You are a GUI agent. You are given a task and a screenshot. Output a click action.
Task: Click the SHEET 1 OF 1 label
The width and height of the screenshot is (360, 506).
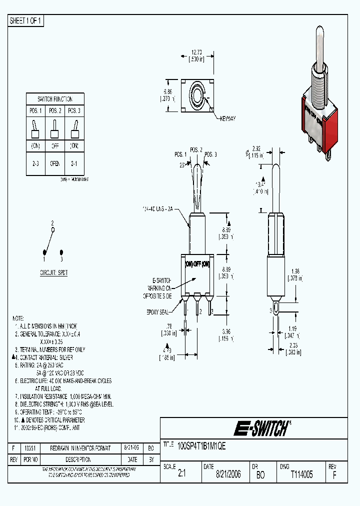pyautogui.click(x=26, y=21)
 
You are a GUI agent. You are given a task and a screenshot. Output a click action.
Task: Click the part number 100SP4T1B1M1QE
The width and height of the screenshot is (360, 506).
pyautogui.click(x=201, y=447)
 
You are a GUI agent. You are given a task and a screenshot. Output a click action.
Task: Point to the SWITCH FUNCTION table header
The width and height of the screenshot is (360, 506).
pyautogui.click(x=55, y=99)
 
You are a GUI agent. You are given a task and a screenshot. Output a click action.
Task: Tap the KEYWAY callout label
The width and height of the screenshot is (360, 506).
pyautogui.click(x=226, y=118)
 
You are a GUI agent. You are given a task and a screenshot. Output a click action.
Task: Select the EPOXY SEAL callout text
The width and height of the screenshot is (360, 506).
pyautogui.click(x=159, y=311)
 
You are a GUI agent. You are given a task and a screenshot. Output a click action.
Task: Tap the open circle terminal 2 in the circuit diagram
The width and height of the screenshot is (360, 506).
pyautogui.click(x=53, y=229)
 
